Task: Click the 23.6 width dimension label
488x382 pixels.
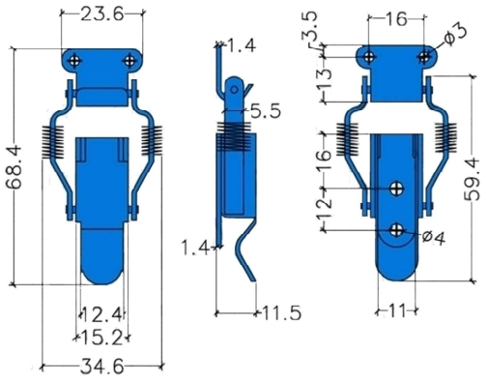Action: [x=101, y=15]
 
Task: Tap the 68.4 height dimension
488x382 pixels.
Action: [x=14, y=167]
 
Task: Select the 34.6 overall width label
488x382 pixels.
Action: [x=101, y=367]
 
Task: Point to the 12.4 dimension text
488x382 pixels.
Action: [x=102, y=314]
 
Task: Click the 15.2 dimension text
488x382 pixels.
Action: [x=101, y=338]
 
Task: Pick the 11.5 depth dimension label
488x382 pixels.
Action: [x=282, y=313]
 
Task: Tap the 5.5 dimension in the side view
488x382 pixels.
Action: [x=266, y=111]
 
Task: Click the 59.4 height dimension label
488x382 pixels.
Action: [x=473, y=179]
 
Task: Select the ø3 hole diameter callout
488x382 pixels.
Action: [x=455, y=35]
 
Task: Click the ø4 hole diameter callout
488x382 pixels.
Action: [x=434, y=238]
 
